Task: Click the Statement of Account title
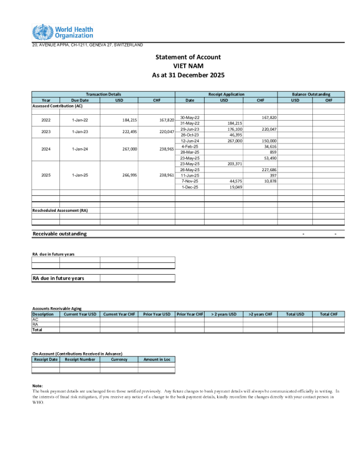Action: pyautogui.click(x=188, y=57)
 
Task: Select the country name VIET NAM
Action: pyautogui.click(x=188, y=66)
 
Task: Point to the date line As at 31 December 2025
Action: pyautogui.click(x=188, y=75)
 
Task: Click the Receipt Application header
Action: pyautogui.click(x=226, y=94)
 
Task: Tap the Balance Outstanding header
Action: pyautogui.click(x=311, y=94)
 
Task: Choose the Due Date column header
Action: pyautogui.click(x=79, y=100)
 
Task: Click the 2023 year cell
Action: pyautogui.click(x=46, y=132)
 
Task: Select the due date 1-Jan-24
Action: pyautogui.click(x=79, y=149)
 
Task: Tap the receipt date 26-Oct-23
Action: pyautogui.click(x=190, y=135)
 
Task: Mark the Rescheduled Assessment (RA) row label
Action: pyautogui.click(x=60, y=209)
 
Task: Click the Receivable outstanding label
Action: pyautogui.click(x=59, y=234)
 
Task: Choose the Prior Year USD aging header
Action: pyautogui.click(x=157, y=314)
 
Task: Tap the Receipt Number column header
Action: pyautogui.click(x=79, y=359)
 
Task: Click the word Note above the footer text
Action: pyautogui.click(x=38, y=385)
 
